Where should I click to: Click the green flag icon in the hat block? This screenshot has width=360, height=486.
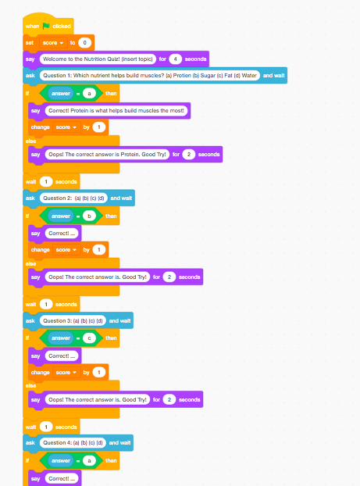(46, 26)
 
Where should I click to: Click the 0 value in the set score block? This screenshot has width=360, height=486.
(84, 42)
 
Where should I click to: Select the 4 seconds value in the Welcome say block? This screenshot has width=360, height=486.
(176, 59)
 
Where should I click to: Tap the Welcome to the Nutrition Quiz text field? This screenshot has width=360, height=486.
(98, 59)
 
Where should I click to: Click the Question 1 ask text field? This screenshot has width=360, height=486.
(150, 75)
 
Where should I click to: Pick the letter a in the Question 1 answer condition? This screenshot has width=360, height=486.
(89, 93)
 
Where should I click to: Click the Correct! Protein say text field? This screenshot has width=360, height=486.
(116, 111)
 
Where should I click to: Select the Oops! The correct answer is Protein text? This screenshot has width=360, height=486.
(107, 155)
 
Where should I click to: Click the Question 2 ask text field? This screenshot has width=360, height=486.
(73, 198)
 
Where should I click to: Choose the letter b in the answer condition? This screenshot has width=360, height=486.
(89, 216)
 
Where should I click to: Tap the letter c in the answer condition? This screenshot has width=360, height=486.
(89, 338)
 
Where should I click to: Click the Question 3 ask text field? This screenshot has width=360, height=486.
(73, 321)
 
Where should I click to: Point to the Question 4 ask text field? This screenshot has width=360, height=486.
(73, 442)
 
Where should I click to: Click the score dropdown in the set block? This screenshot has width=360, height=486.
(53, 42)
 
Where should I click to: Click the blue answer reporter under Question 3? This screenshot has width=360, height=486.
(61, 338)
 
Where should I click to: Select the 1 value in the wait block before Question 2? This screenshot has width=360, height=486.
(46, 181)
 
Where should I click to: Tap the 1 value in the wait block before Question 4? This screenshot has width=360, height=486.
(46, 427)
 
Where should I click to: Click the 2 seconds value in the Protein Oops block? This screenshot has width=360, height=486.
(189, 155)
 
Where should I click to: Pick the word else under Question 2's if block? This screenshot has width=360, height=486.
(30, 264)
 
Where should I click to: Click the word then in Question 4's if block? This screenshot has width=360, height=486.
(111, 460)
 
